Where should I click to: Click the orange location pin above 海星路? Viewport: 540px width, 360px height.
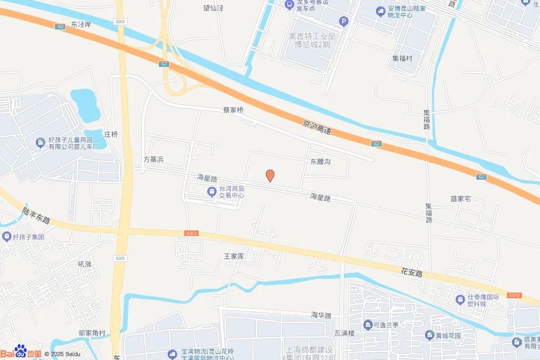270,176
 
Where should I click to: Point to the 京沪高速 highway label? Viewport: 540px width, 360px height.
317,127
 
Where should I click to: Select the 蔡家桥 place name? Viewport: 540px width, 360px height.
233,110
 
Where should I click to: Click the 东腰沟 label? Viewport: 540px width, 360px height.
320,161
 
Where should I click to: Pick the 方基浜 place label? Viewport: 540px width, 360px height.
154,159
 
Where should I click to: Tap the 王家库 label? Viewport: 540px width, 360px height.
235,256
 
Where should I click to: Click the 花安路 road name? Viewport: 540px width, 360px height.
412,273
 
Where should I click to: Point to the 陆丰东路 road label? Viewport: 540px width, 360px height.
36,215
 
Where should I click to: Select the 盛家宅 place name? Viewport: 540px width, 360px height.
460,199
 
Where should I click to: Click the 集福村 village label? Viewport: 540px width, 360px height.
402,58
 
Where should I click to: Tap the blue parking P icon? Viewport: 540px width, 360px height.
344,22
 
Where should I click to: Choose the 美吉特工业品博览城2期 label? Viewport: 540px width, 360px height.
312,40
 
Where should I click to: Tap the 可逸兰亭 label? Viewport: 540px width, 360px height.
392,325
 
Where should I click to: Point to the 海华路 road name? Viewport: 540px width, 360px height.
321,315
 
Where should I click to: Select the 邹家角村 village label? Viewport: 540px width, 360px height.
92,333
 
